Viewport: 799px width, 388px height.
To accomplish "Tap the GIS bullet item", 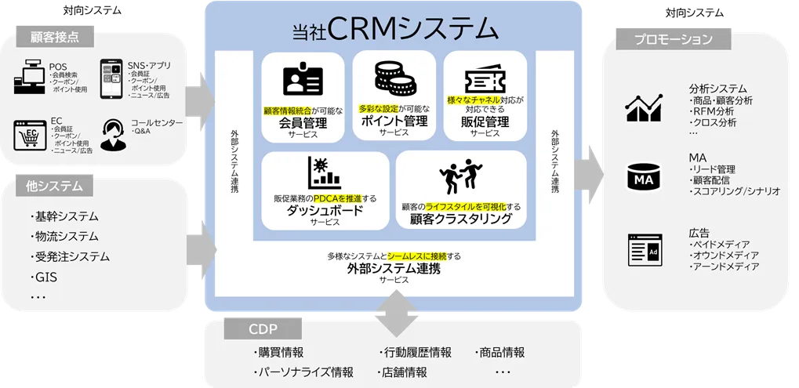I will (44, 277).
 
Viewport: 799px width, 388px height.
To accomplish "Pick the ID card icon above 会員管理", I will (303, 79).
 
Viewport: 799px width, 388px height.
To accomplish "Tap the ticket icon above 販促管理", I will (485, 78).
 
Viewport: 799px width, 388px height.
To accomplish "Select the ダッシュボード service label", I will (325, 211).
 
